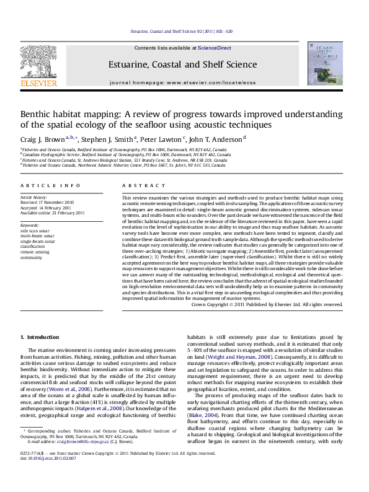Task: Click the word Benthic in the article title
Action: [38, 115]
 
